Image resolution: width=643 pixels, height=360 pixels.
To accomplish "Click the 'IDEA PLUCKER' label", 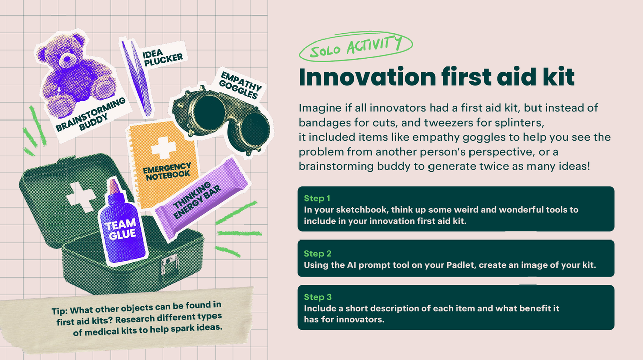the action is (163, 57).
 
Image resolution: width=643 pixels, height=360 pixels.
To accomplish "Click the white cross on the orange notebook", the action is (163, 148).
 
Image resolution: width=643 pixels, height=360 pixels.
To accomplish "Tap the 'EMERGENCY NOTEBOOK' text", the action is (167, 172).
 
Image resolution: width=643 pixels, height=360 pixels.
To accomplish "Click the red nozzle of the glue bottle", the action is (113, 186).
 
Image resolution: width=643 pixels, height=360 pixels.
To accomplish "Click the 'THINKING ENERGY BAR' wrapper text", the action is (196, 200).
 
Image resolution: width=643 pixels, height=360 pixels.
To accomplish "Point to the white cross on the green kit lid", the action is (81, 196).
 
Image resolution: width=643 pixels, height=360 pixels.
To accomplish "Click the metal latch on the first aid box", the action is (169, 264).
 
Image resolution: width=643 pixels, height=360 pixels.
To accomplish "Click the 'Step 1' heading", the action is (317, 198).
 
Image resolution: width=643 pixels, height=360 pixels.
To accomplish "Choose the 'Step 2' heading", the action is (317, 253).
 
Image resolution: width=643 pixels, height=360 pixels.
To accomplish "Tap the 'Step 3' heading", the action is (317, 297).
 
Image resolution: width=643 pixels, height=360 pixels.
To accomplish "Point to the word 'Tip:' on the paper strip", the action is (59, 311).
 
